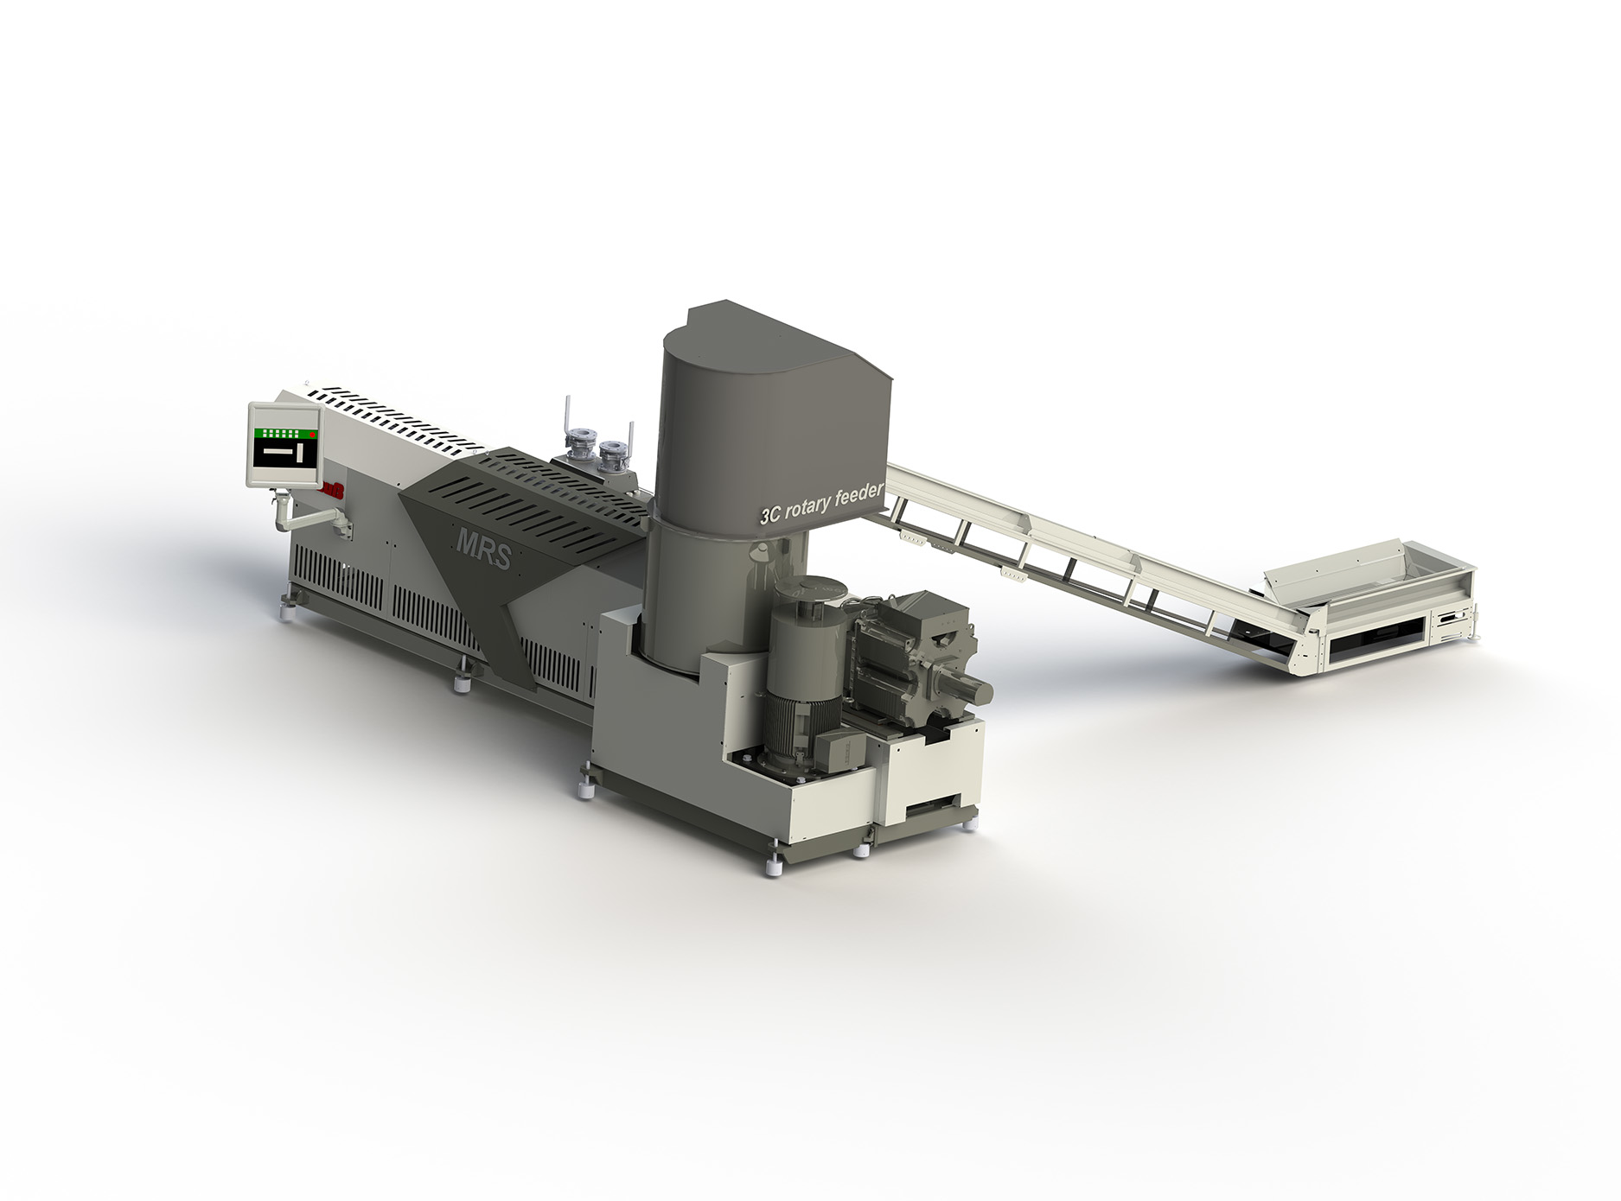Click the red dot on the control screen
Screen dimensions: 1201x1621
pyautogui.click(x=314, y=435)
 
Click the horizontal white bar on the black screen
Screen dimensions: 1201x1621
pyautogui.click(x=279, y=452)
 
